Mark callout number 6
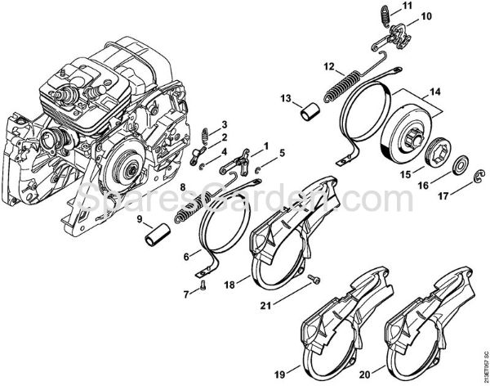coord(186,255)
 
